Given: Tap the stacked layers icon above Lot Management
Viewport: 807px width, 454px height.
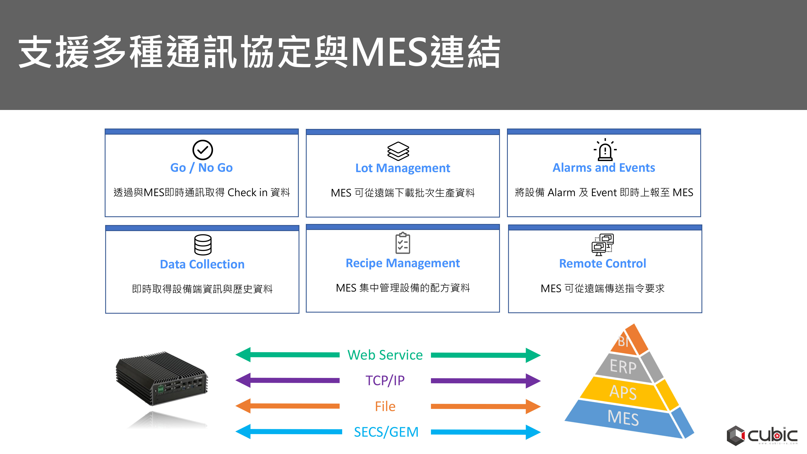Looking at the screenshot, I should coord(398,151).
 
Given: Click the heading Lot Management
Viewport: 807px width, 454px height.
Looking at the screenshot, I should coord(402,168).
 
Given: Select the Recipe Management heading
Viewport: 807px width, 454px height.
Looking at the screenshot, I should coord(402,263).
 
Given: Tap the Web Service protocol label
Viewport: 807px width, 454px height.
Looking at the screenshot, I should coord(385,355).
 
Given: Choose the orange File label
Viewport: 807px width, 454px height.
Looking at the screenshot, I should coord(385,406).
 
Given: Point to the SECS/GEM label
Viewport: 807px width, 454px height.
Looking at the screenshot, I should coord(386,432).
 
